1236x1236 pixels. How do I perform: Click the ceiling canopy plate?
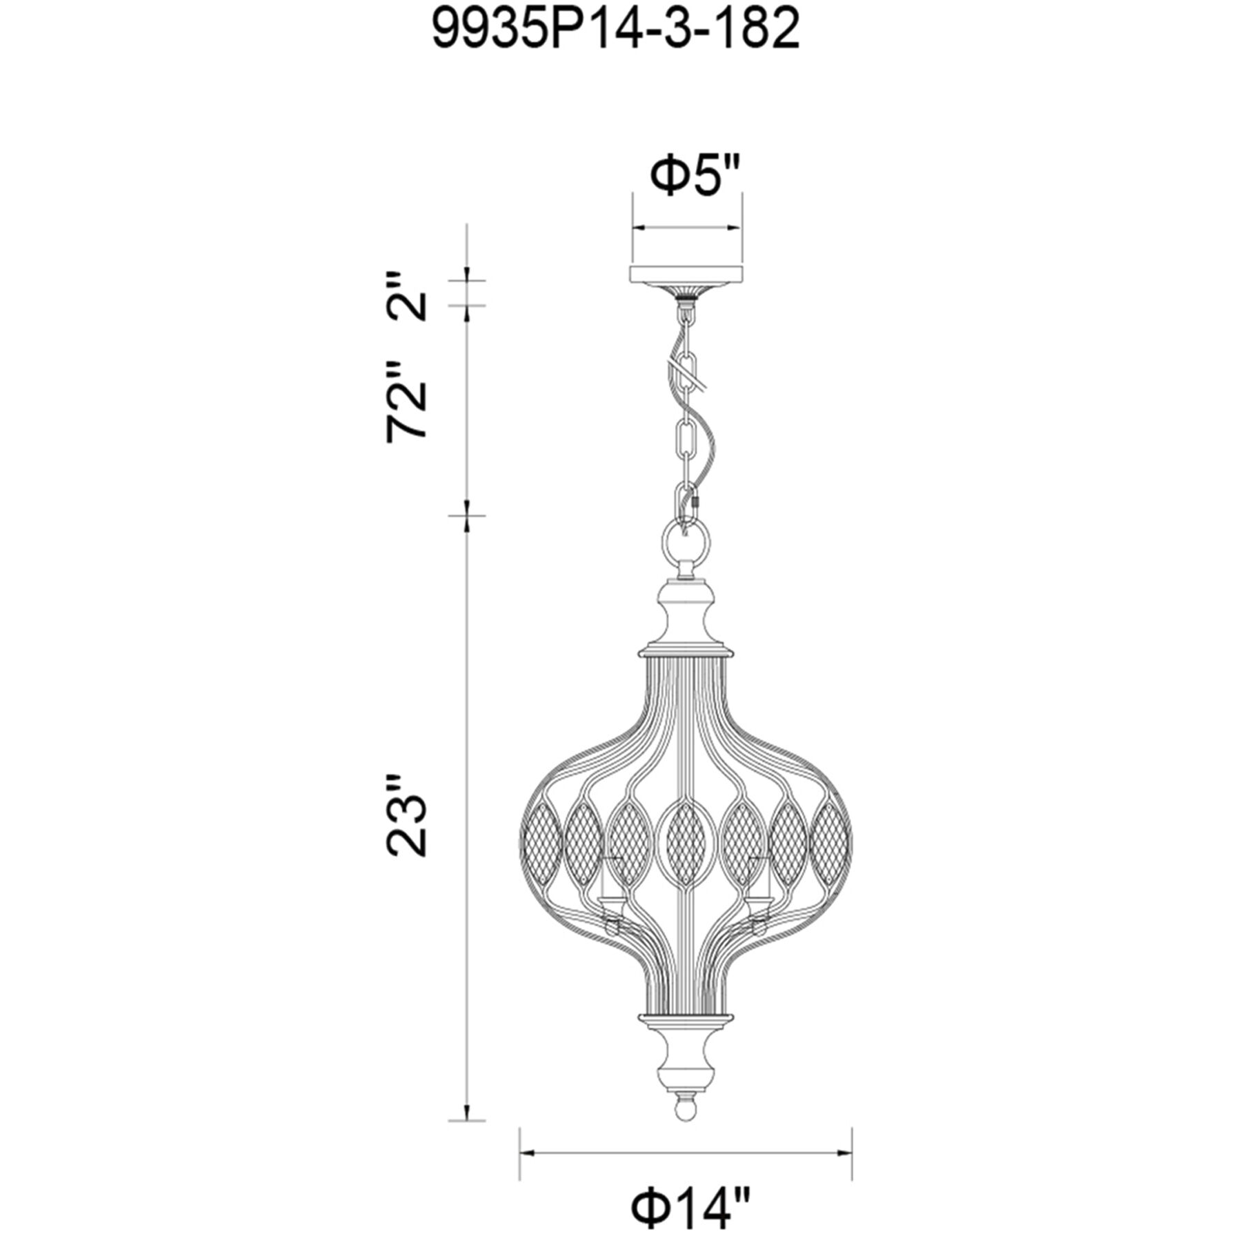(686, 274)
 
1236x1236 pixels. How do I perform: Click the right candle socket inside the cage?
(759, 897)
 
